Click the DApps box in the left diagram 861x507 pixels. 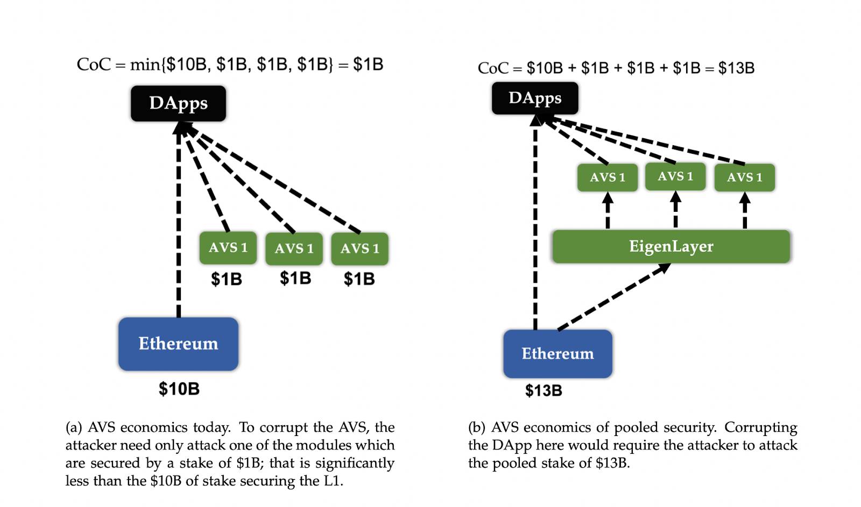tap(178, 103)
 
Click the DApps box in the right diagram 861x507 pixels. tap(535, 98)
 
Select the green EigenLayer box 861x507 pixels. tap(671, 246)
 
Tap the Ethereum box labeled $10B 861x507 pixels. tap(178, 344)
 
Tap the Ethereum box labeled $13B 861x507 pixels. tap(557, 354)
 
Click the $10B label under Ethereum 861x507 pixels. tap(179, 389)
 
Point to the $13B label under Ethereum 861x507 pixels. tap(544, 391)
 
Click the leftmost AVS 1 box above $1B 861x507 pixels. tap(228, 248)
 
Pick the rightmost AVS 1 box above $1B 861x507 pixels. tap(360, 249)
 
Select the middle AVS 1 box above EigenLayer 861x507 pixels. tap(675, 176)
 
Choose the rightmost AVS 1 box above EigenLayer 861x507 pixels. tap(745, 177)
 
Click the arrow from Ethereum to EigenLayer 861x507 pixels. tap(614, 297)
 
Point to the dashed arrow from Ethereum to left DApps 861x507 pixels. tap(179, 220)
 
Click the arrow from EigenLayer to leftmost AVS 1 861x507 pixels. tap(608, 210)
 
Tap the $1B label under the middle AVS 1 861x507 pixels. tap(295, 278)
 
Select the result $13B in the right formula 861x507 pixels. tap(736, 68)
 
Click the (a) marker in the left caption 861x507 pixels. tap(73, 427)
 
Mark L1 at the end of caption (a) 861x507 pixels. tap(333, 481)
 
